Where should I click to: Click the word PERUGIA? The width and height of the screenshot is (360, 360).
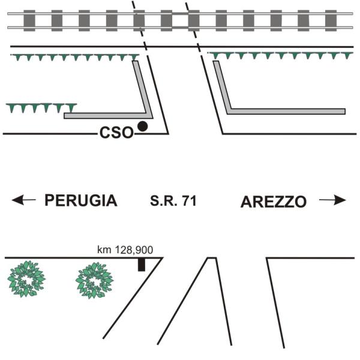point(81,201)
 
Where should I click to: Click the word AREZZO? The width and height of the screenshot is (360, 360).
point(274,202)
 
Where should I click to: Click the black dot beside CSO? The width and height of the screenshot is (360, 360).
point(143,126)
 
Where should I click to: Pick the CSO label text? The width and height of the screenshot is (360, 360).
point(116,133)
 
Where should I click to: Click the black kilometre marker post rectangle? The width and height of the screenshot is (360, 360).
point(142,265)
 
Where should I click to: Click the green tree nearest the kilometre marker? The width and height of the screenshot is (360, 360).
point(95,280)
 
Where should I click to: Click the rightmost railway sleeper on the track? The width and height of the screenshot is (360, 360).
point(331,20)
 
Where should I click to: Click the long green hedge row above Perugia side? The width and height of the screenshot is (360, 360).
point(75,57)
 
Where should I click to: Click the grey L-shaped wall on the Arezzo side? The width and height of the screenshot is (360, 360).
point(282,112)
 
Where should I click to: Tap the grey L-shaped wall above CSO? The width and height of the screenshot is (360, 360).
point(108,115)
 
